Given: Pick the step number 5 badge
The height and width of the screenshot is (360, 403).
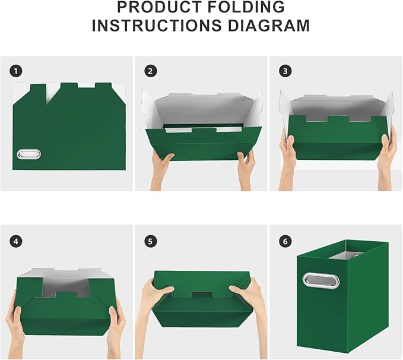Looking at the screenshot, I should pos(150,241).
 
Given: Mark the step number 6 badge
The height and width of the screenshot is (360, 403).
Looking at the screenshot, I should pos(285,241).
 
